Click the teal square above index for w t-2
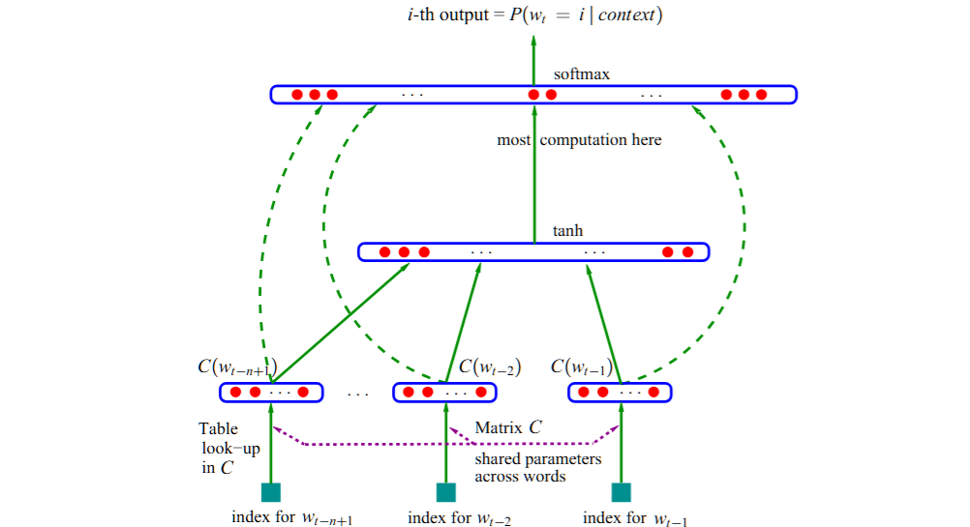point(446,492)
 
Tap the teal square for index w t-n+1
point(271,492)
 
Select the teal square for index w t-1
point(621,492)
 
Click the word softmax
point(581,74)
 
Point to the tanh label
point(567,231)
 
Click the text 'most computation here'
point(579,140)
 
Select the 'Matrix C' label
point(508,427)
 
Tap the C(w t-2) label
point(490,367)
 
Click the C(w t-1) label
point(582,367)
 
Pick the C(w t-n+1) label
point(238,367)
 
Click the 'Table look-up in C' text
point(224,448)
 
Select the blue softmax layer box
point(532,95)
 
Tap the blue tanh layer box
point(532,252)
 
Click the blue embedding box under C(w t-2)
point(444,393)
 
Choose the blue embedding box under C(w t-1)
point(620,393)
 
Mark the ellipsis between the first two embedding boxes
point(357,395)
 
